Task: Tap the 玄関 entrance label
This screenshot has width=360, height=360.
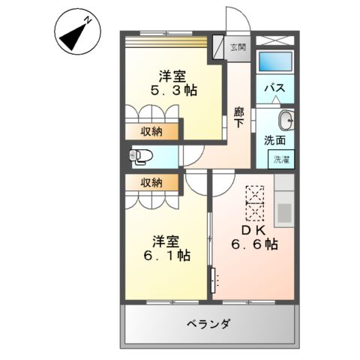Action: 237,47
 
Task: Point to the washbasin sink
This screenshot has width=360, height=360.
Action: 285,121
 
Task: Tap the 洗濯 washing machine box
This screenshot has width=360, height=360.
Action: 281,159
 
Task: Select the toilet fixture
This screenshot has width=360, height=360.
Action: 140,156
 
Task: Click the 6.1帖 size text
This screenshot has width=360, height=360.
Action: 165,256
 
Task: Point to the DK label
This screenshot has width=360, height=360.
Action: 249,229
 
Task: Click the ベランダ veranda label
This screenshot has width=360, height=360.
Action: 208,324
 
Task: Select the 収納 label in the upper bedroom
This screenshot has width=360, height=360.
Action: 152,132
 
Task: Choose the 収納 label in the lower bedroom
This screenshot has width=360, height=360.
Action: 152,182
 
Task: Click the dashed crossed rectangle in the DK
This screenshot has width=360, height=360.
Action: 255,202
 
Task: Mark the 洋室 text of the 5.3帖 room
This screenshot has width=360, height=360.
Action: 172,75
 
